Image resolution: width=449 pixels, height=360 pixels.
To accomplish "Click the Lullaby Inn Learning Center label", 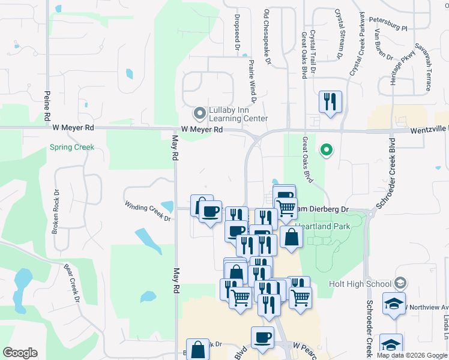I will pyautogui.click(x=238, y=114).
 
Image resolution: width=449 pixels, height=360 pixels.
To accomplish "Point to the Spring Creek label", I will pyautogui.click(x=71, y=146).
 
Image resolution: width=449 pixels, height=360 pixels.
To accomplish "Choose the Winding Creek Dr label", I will pyautogui.click(x=148, y=212).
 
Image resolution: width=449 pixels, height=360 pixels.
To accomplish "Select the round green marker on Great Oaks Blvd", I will pyautogui.click(x=326, y=149).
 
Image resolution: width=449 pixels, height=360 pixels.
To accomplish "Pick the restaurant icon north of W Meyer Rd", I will pyautogui.click(x=330, y=101).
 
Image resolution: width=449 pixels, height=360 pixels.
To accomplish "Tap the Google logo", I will pyautogui.click(x=20, y=353).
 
